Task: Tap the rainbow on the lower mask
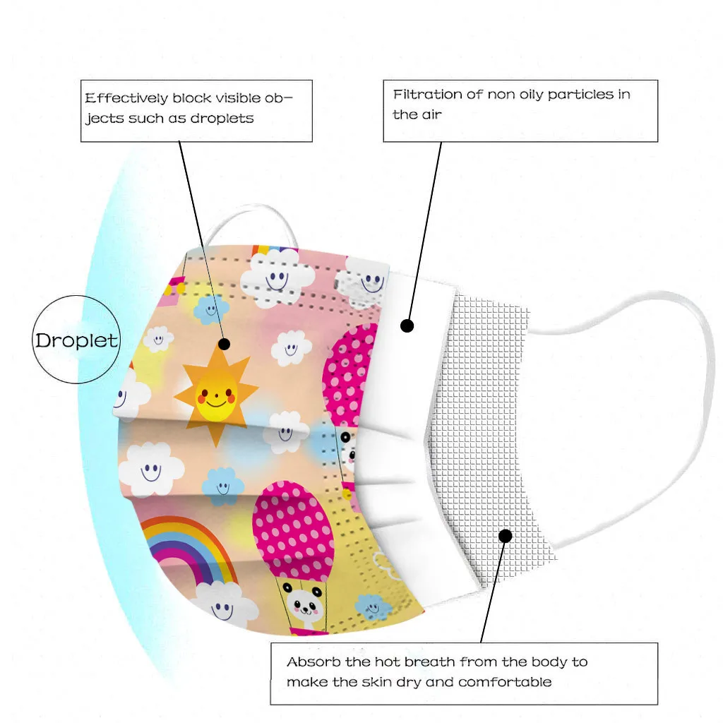pyautogui.click(x=188, y=548)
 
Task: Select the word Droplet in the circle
pyautogui.click(x=76, y=341)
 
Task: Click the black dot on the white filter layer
pyautogui.click(x=407, y=325)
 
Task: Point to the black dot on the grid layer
pyautogui.click(x=505, y=535)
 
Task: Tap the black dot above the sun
pyautogui.click(x=225, y=344)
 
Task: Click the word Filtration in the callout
pyautogui.click(x=428, y=95)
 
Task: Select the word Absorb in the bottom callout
pyautogui.click(x=311, y=662)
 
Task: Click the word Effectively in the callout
pyautogui.click(x=127, y=98)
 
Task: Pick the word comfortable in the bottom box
pyautogui.click(x=505, y=682)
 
